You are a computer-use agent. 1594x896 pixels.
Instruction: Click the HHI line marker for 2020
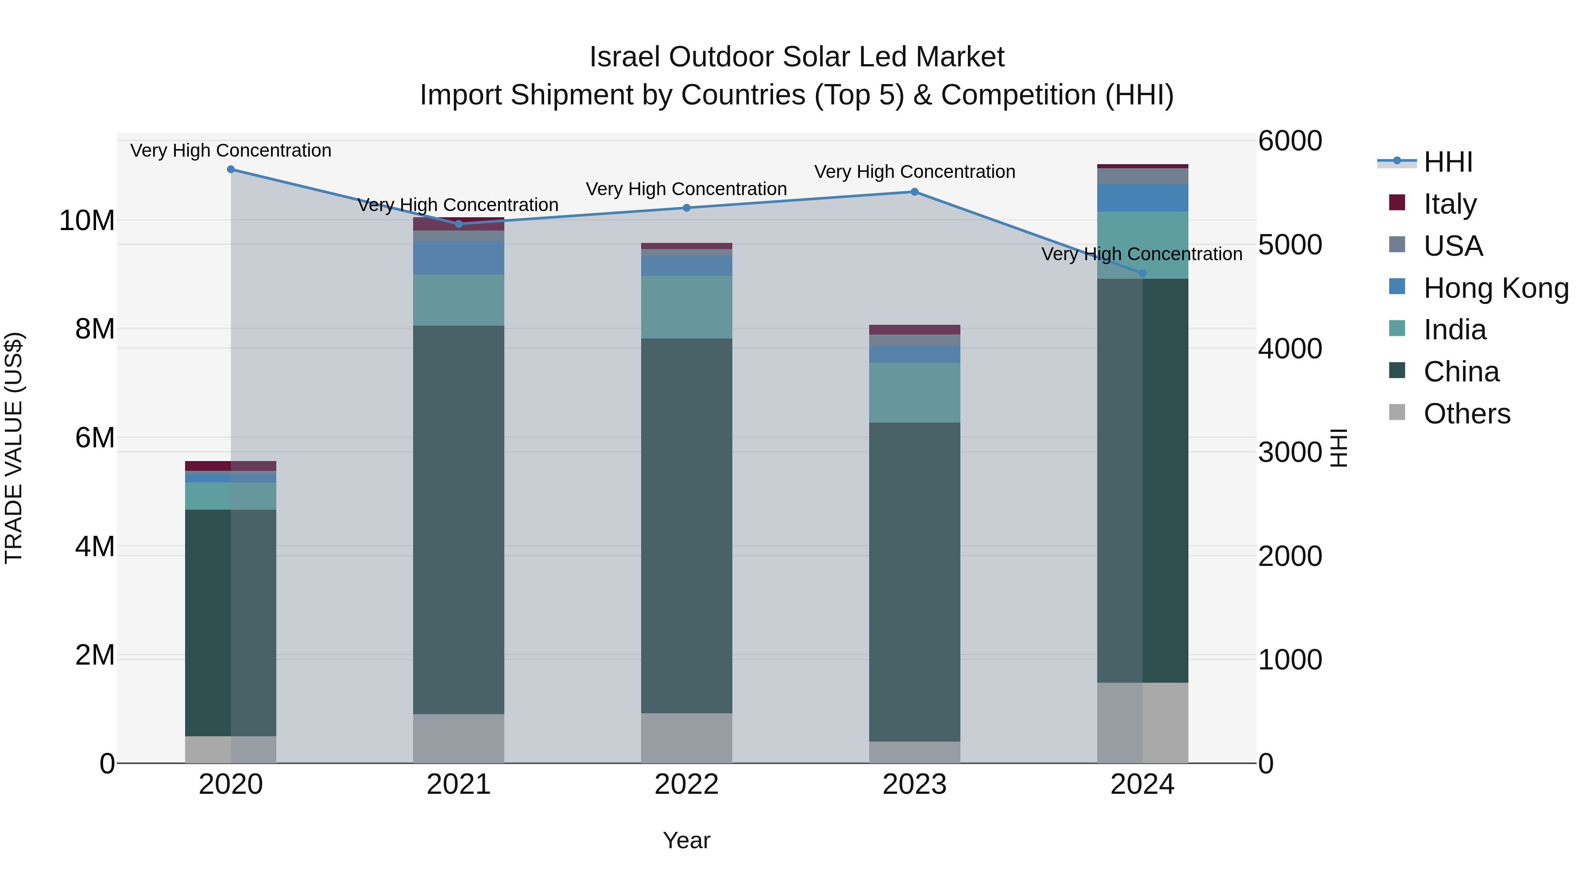point(231,169)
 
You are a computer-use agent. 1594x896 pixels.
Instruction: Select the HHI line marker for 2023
point(915,192)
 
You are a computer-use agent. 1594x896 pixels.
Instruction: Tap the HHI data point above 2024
point(1142,273)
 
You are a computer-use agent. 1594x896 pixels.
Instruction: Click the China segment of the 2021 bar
point(459,519)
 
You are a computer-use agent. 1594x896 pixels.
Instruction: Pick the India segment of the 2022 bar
point(686,307)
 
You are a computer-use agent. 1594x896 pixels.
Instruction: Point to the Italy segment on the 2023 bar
point(915,330)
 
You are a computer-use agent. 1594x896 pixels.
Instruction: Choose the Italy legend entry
point(1450,204)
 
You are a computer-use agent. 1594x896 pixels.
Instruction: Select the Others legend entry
point(1466,413)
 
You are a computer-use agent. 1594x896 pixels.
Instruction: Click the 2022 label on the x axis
point(686,784)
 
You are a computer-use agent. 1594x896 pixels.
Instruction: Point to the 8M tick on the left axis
point(95,329)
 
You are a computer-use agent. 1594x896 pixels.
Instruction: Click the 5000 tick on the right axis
point(1290,245)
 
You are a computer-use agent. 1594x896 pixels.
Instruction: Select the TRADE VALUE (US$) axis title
point(14,448)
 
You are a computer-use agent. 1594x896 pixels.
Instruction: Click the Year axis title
point(686,840)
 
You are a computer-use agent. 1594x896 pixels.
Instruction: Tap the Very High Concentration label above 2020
point(231,150)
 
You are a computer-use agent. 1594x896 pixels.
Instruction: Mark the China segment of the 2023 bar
point(915,581)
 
